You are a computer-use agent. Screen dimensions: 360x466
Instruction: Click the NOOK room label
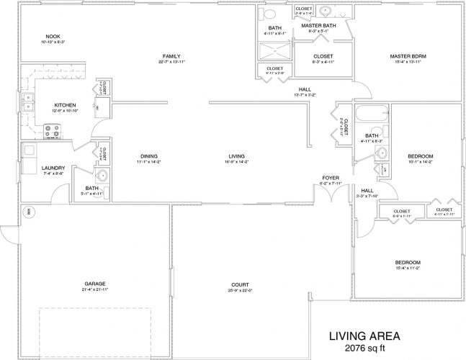[52, 36]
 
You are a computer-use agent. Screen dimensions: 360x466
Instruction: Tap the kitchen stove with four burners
[53, 131]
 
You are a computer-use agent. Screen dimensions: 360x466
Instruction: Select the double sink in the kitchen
[29, 102]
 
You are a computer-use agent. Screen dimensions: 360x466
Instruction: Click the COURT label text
[240, 284]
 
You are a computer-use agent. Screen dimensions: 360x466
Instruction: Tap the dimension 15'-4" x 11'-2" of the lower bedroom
[408, 268]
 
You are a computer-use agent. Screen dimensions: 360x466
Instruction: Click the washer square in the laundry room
[29, 150]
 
